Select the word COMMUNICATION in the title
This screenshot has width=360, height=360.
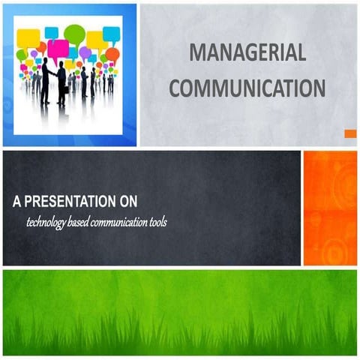[247, 88]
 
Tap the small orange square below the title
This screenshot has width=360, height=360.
[349, 133]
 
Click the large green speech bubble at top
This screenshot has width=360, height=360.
[74, 32]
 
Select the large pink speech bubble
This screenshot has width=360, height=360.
[58, 49]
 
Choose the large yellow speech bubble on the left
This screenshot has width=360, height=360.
[28, 37]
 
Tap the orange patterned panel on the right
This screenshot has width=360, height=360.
[330, 208]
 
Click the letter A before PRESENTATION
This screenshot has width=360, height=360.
[16, 202]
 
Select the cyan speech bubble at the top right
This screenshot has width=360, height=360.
[111, 34]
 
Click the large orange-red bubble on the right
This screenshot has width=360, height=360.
[112, 54]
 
